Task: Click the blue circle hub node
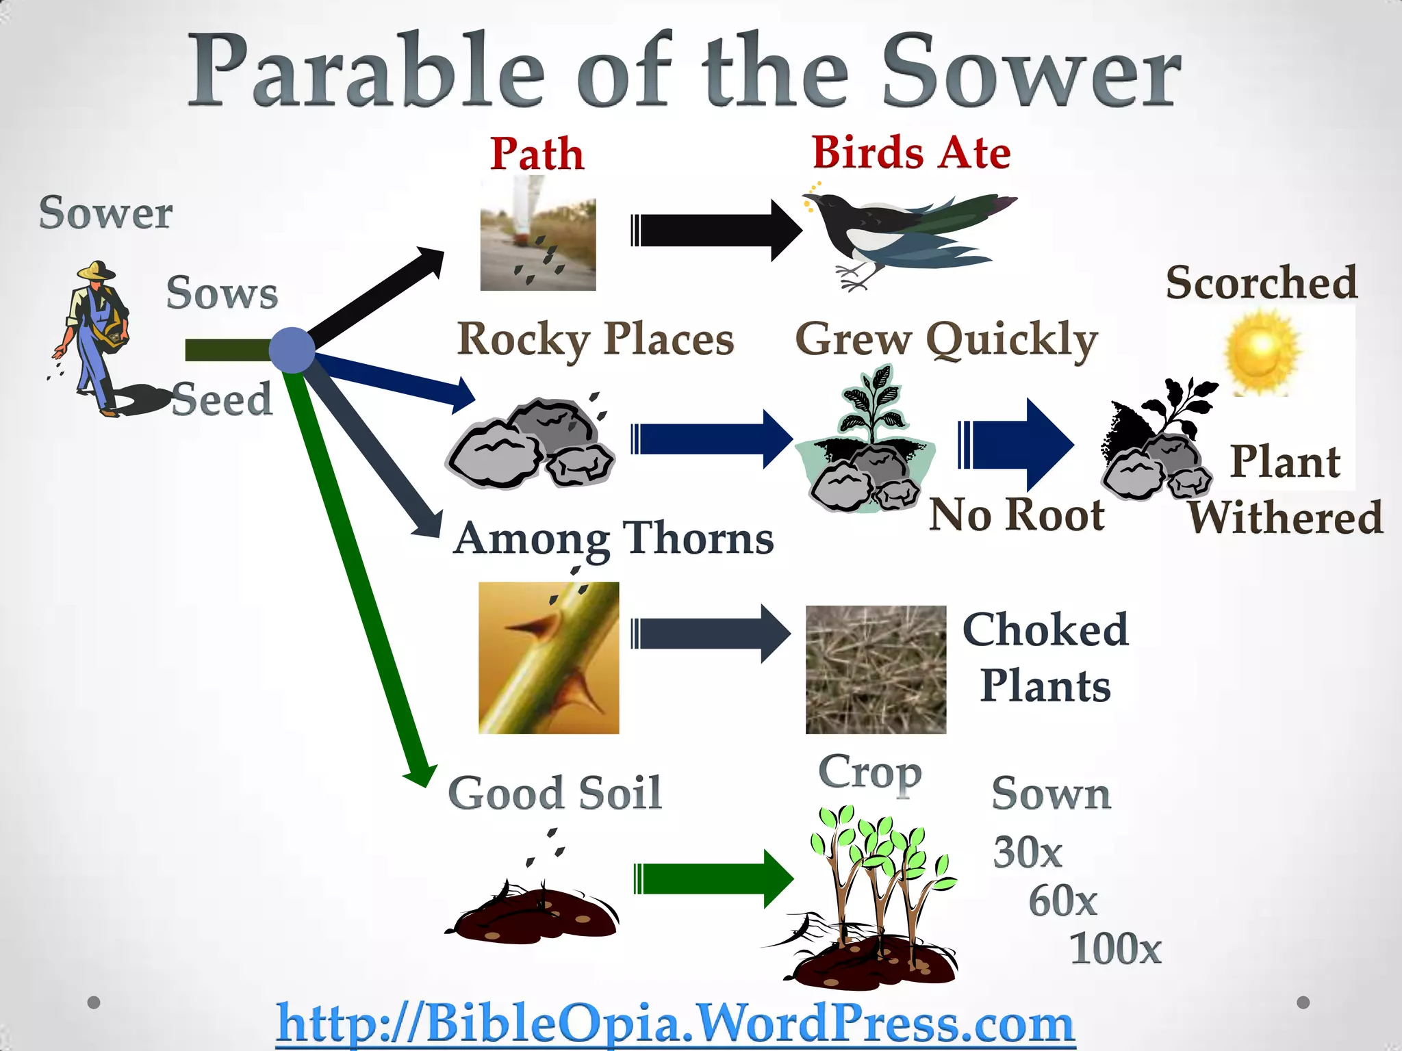(x=292, y=350)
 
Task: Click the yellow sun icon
(x=1261, y=351)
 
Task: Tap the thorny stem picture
(x=548, y=658)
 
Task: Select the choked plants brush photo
(x=876, y=669)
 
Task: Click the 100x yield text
(x=1115, y=948)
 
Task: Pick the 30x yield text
(x=1027, y=853)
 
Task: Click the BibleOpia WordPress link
(x=675, y=1024)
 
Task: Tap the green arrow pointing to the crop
(x=712, y=879)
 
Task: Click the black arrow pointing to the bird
(x=715, y=231)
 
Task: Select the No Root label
(x=1017, y=515)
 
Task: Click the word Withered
(x=1285, y=517)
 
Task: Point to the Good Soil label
(x=555, y=793)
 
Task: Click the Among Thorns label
(x=613, y=539)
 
